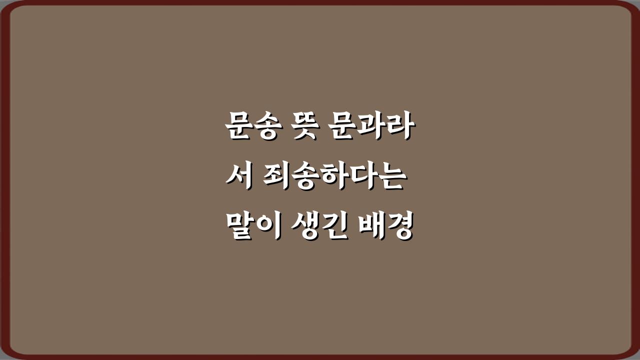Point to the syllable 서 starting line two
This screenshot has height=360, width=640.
pos(237,179)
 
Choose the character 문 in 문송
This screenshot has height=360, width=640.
pos(238,128)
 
